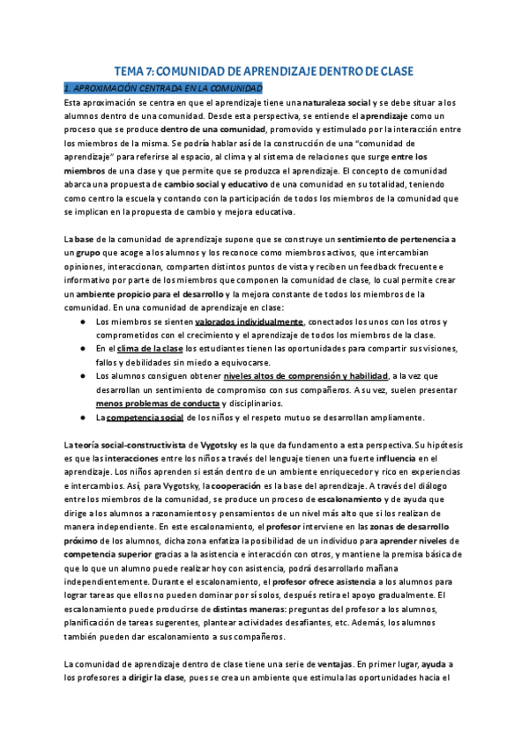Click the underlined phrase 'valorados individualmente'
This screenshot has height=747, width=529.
tap(249, 322)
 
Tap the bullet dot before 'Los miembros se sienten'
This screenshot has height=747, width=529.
tap(82, 322)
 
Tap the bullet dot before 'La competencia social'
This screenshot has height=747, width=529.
tap(82, 418)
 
